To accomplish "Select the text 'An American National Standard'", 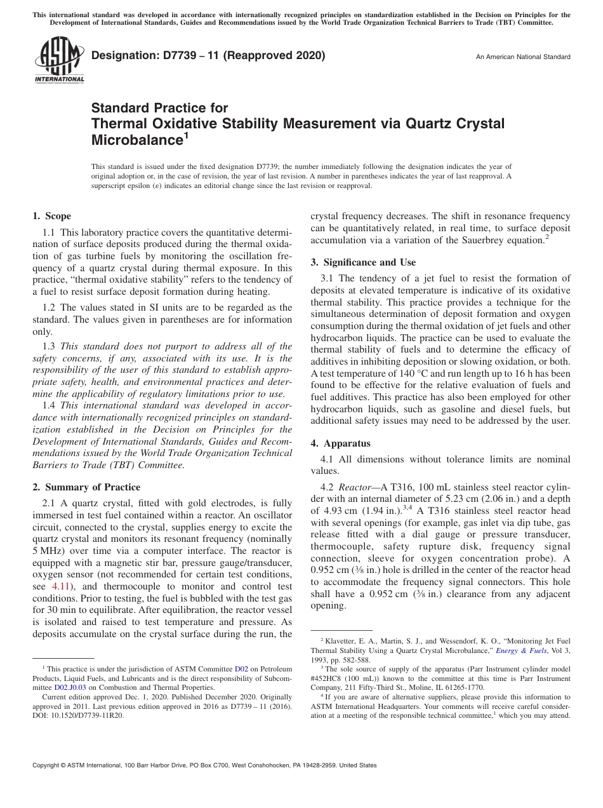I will pyautogui.click(x=522, y=57).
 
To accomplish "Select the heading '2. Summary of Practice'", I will pyautogui.click(x=86, y=487).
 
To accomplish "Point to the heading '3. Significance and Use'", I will pyautogui.click(x=363, y=262).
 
